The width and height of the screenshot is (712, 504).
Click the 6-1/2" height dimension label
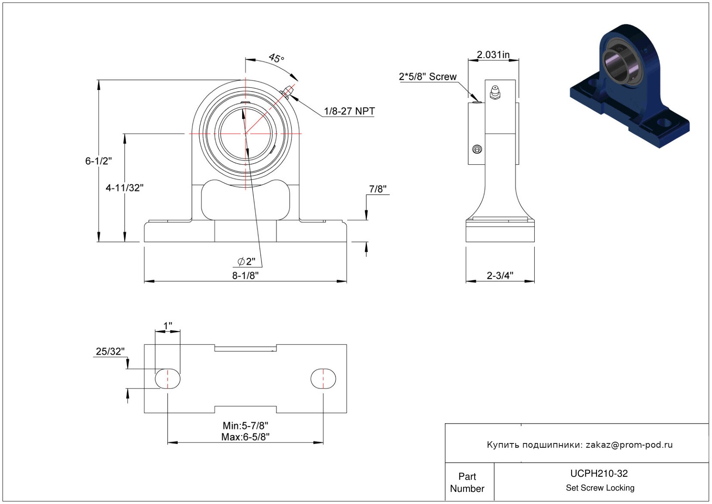point(98,161)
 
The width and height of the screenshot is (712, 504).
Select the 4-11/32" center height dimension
point(125,188)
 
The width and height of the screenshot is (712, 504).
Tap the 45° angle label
point(276,58)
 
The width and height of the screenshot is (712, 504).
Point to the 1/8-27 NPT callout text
point(349,111)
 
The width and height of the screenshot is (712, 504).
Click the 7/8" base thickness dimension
point(377,189)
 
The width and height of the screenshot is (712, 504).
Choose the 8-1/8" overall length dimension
point(245,276)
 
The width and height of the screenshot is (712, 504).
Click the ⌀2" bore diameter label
point(246,261)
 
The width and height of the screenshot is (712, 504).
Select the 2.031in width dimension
point(493,55)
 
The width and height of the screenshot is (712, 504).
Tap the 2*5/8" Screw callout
point(428,77)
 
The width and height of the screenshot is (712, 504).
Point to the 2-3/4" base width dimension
point(500,276)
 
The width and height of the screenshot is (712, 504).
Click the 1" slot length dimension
point(168,325)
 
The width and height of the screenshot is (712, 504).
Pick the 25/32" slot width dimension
point(110,351)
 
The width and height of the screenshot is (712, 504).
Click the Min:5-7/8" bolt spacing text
point(245,426)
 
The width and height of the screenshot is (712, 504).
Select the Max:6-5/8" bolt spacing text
point(245,437)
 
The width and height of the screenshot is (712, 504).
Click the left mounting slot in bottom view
point(168,379)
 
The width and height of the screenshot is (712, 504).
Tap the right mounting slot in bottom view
point(323,379)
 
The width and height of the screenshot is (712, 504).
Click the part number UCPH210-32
point(599,473)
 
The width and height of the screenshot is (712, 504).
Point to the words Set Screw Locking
point(600,488)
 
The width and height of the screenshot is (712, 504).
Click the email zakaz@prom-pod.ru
point(629,445)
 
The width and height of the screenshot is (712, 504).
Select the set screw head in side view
point(477,150)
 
